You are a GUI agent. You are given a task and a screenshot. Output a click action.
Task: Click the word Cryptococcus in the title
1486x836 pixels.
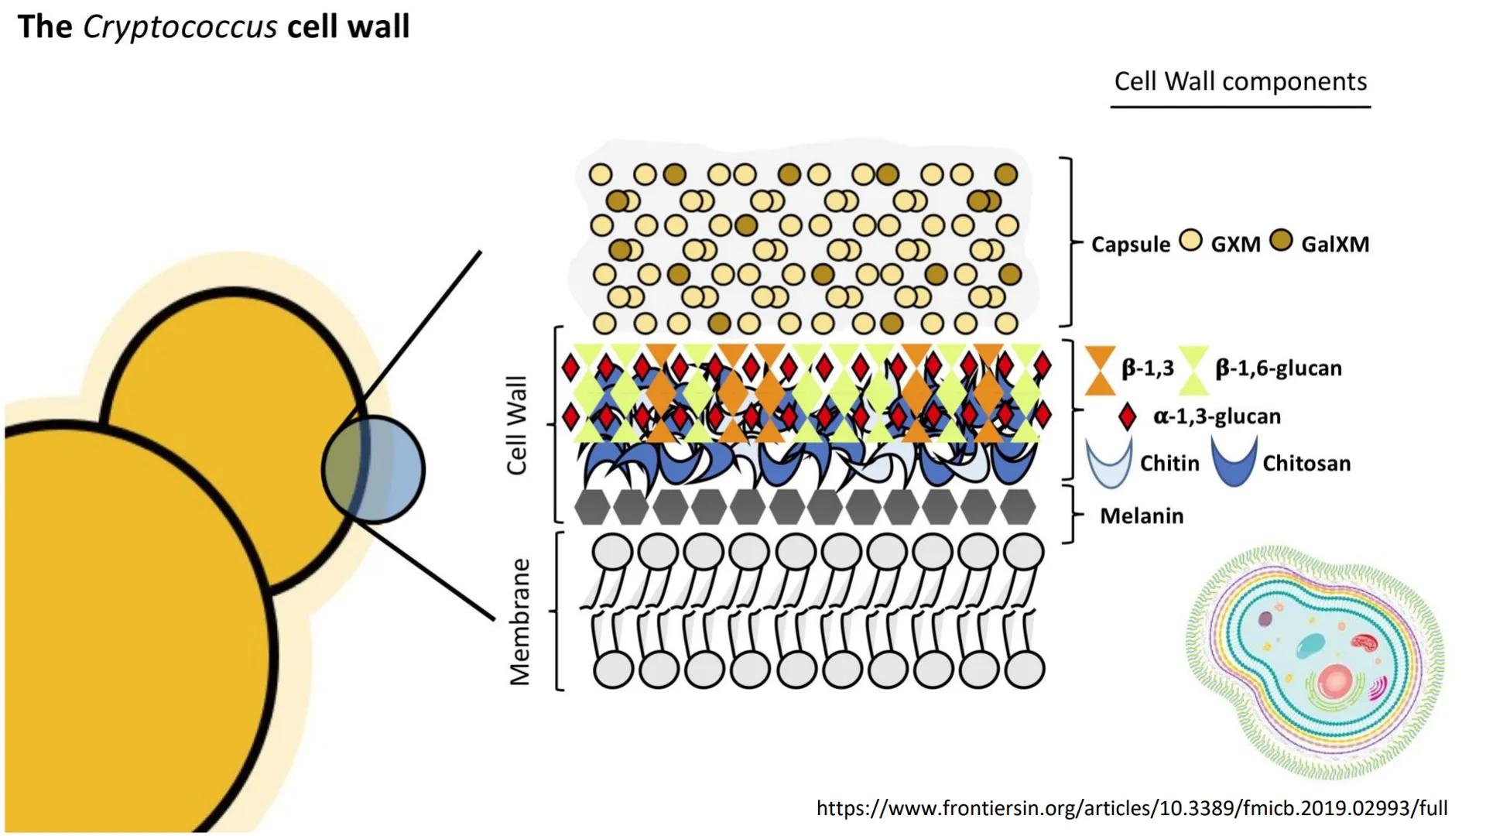click(x=180, y=27)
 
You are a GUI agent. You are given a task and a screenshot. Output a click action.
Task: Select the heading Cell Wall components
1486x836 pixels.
click(x=1240, y=81)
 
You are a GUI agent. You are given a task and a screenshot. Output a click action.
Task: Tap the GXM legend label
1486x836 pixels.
click(x=1235, y=245)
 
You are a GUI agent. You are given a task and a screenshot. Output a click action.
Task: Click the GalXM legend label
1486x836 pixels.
click(x=1335, y=245)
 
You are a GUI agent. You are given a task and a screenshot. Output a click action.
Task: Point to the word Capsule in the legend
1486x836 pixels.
click(x=1130, y=245)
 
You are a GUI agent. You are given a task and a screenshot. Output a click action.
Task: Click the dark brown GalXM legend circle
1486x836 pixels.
click(x=1282, y=241)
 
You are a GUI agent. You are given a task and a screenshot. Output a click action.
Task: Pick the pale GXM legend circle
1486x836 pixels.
click(x=1190, y=241)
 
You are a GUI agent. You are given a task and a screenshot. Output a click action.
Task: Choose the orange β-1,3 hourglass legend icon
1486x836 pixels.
click(x=1100, y=370)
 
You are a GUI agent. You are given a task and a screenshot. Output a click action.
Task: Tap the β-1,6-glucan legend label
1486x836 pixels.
click(x=1278, y=368)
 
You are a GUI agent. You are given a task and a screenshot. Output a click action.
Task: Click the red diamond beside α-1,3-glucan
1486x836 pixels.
click(x=1128, y=416)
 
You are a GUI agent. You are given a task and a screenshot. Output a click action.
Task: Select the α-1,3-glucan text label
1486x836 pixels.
click(x=1217, y=416)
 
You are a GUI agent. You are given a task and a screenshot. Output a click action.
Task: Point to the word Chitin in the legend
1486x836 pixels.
click(x=1169, y=464)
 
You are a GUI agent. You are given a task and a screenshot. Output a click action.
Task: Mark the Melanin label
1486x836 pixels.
click(x=1142, y=516)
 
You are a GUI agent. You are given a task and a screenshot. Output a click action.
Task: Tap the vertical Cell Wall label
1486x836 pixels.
click(x=516, y=425)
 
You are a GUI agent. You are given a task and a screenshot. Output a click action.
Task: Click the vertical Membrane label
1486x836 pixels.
click(x=520, y=622)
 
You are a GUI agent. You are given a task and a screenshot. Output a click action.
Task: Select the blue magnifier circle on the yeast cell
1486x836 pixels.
click(x=374, y=470)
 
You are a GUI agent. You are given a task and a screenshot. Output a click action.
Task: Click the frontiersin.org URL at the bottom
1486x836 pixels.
click(x=1132, y=809)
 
